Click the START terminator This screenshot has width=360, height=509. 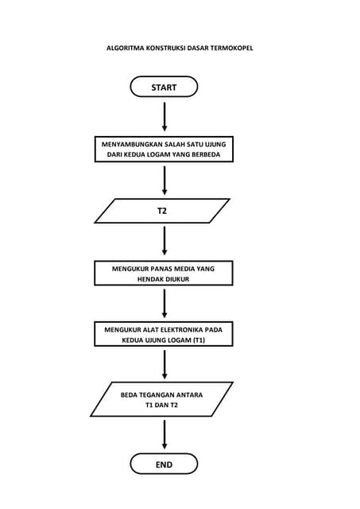164,87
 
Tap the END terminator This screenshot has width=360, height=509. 164,464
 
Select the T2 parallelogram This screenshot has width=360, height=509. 162,212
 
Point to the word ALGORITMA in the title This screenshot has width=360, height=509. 126,49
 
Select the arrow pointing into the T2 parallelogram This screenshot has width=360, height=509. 165,181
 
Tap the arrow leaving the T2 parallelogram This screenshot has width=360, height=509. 165,241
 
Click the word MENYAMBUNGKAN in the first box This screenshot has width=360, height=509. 128,143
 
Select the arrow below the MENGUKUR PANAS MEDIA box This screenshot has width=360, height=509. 165,303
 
